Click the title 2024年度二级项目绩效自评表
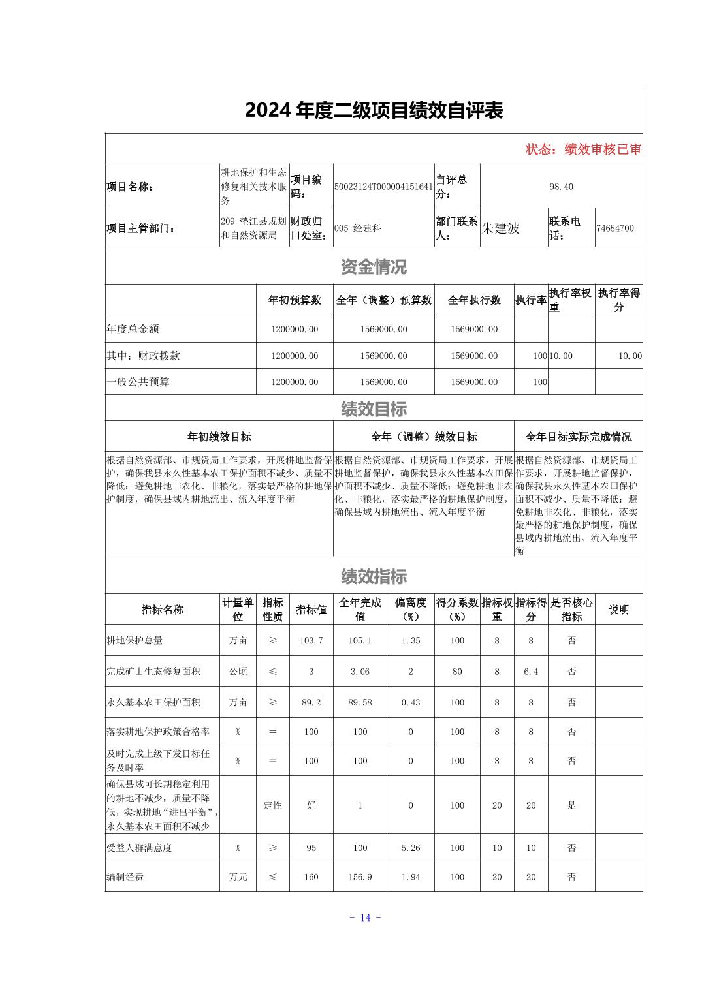click(x=374, y=111)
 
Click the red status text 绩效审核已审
click(x=583, y=149)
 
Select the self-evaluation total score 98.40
click(x=561, y=187)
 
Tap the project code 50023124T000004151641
click(x=383, y=187)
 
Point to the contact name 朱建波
click(x=500, y=228)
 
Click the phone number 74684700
click(x=614, y=228)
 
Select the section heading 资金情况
click(x=374, y=266)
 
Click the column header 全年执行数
click(x=474, y=300)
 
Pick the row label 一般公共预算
click(x=138, y=382)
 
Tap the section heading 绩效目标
click(x=374, y=409)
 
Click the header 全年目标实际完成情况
click(x=579, y=437)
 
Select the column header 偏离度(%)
click(x=410, y=609)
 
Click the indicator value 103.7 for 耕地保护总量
click(x=311, y=640)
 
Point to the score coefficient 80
click(x=457, y=671)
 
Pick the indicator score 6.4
click(x=531, y=671)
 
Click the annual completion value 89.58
click(x=360, y=702)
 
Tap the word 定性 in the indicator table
click(x=273, y=805)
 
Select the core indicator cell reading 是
click(x=571, y=805)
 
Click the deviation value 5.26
click(x=410, y=848)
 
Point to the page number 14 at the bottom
click(x=365, y=918)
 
